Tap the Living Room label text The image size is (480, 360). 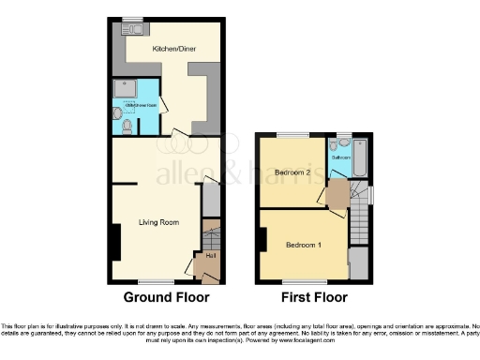(x=158, y=222)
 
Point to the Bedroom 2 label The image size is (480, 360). (x=293, y=172)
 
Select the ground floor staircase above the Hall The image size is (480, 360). (x=210, y=232)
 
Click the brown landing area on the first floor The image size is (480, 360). (x=334, y=193)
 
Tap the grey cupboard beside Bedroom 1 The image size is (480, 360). (x=358, y=263)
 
